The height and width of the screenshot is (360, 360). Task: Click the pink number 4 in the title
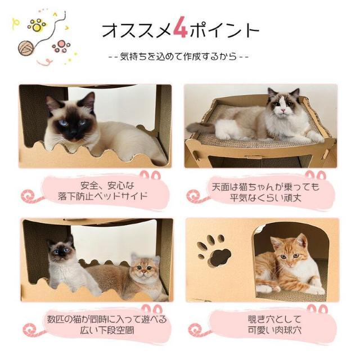181,28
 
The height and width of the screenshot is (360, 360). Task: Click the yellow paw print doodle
37,25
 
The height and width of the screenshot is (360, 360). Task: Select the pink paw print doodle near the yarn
61,46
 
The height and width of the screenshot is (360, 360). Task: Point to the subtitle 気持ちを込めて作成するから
179,57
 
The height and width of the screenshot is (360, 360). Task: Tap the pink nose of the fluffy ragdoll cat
283,111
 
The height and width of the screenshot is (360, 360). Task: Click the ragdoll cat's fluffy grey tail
200,128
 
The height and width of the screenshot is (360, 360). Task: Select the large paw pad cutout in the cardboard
219,257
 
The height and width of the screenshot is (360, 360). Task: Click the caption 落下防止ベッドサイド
102,196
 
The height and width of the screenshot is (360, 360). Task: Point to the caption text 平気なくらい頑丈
265,197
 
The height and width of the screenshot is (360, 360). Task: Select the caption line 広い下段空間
107,330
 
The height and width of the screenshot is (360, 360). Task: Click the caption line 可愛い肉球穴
274,330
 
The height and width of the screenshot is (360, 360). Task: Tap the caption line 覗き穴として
274,319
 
